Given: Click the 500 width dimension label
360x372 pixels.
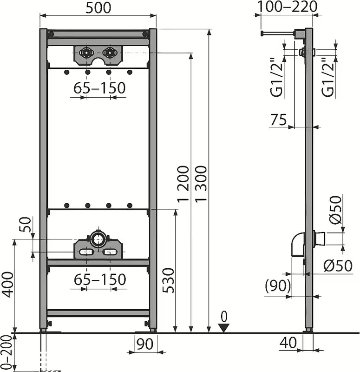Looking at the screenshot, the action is click(98, 8).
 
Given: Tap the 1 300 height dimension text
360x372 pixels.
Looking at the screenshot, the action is click(201, 183).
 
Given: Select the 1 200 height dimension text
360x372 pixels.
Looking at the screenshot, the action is click(183, 183).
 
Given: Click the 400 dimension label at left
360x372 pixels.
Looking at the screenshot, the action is click(8, 285).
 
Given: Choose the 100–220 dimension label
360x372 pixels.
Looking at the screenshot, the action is click(287, 7).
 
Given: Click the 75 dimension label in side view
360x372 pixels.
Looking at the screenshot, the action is click(278, 120).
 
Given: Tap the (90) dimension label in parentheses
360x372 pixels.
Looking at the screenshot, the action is click(278, 286).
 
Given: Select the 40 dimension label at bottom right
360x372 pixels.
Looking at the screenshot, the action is click(288, 343).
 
